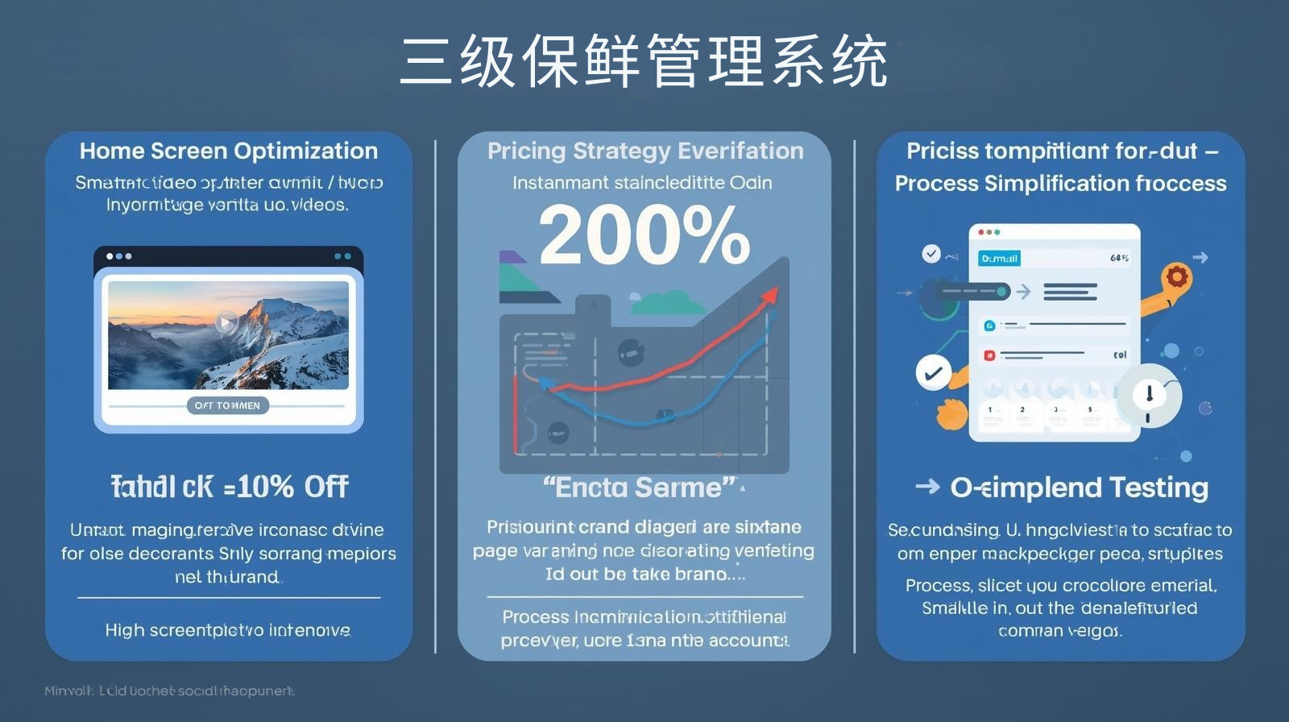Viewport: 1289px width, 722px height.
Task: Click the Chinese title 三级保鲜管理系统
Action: click(644, 61)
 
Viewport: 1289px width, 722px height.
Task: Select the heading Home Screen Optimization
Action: click(229, 151)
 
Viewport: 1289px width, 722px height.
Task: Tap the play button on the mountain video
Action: click(226, 323)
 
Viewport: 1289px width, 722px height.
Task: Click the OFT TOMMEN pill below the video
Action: click(227, 405)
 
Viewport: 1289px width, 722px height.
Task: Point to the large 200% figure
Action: click(644, 234)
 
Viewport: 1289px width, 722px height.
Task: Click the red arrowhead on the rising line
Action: click(769, 295)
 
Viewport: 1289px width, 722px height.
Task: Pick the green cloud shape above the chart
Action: click(668, 303)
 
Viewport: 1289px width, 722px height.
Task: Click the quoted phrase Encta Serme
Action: click(640, 488)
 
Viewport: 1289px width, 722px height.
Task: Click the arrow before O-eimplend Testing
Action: click(927, 486)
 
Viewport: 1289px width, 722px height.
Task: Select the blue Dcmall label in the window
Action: click(999, 258)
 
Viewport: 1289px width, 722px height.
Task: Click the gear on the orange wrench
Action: click(1177, 277)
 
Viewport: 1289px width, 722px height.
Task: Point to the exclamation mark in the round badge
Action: click(1149, 394)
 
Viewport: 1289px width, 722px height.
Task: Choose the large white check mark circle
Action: click(933, 374)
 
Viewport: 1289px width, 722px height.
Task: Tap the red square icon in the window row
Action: click(989, 355)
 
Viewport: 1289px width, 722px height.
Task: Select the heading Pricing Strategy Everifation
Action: click(645, 151)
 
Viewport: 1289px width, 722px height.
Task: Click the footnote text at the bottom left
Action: click(169, 691)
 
